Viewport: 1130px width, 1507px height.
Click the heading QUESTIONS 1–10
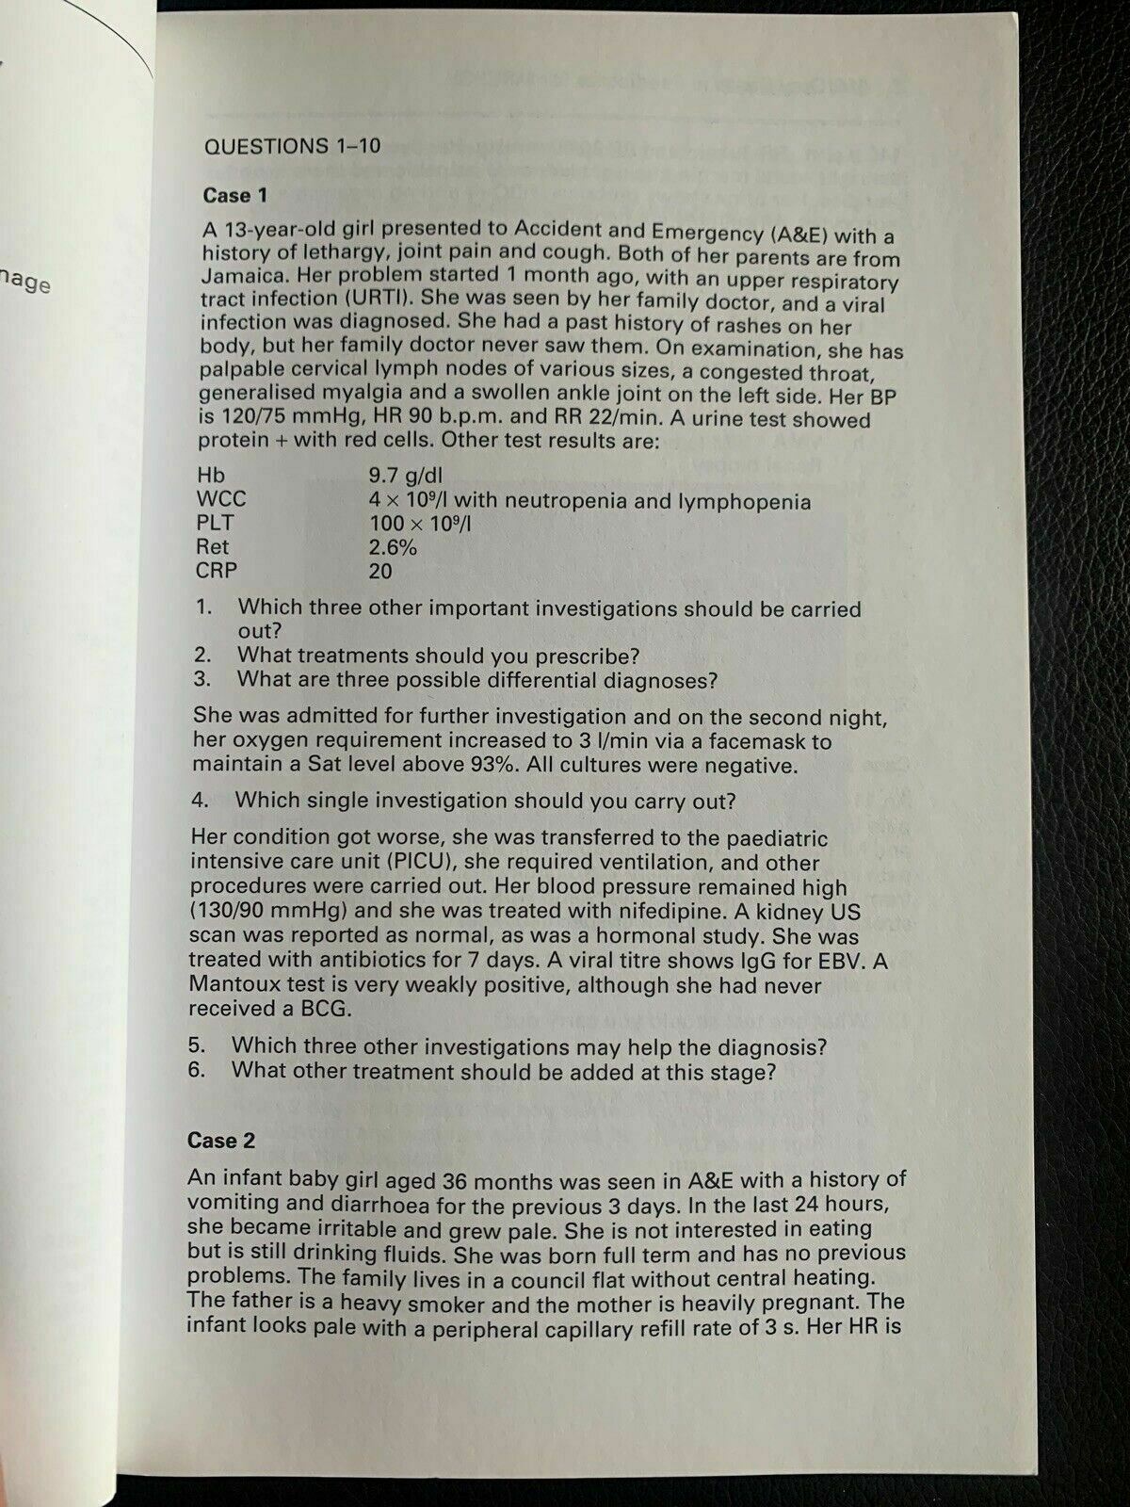click(292, 146)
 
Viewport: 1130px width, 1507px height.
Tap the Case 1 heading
click(235, 196)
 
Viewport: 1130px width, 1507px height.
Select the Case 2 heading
click(220, 1141)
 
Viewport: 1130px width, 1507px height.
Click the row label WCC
click(221, 499)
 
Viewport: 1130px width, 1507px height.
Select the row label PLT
click(216, 523)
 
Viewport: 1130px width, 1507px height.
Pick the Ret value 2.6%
click(393, 547)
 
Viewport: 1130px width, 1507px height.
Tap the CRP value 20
click(380, 571)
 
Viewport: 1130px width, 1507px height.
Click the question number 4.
click(199, 801)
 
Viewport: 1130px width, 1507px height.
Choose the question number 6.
click(196, 1071)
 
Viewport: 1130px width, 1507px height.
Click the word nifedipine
click(710, 911)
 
